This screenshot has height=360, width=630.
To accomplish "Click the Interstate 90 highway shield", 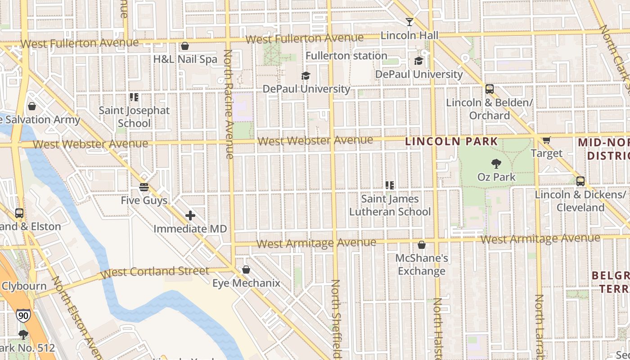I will [22, 315].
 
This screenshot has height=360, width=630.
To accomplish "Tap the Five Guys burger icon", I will [144, 187].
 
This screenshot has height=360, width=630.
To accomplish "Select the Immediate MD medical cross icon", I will [190, 216].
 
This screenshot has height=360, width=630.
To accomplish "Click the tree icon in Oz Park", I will [496, 164].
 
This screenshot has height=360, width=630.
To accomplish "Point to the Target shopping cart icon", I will [546, 140].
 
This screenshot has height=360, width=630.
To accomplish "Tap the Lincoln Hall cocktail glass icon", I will [409, 22].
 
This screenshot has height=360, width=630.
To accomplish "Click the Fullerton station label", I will [346, 56].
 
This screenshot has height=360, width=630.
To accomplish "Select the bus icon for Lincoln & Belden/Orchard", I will [490, 89].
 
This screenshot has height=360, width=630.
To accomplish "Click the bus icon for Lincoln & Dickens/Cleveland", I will [580, 181].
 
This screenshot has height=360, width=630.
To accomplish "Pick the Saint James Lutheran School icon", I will [390, 185].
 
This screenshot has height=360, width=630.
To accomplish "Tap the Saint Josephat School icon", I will [134, 97].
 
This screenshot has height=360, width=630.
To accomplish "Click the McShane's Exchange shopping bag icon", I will [422, 245].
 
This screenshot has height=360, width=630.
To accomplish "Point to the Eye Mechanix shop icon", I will [246, 270].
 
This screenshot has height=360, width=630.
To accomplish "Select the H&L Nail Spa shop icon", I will [184, 46].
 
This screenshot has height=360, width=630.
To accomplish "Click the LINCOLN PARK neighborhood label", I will [451, 141].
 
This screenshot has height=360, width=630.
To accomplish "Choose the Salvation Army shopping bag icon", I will [32, 106].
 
